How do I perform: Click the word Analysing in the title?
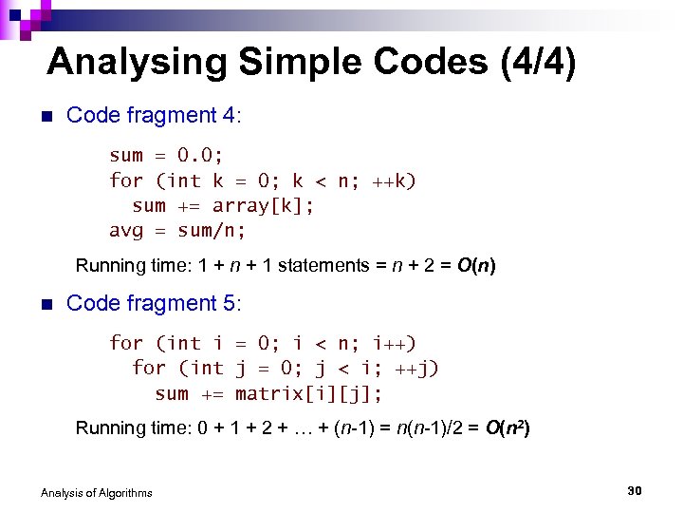[x=138, y=64]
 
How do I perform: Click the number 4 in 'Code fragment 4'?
[x=232, y=116]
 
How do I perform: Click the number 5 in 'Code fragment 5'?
[x=232, y=304]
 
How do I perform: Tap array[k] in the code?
[x=262, y=206]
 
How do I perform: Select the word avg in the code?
[x=126, y=231]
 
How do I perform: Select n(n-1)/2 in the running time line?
[x=416, y=428]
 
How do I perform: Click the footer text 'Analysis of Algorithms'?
[x=96, y=492]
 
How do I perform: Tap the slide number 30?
[x=635, y=490]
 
